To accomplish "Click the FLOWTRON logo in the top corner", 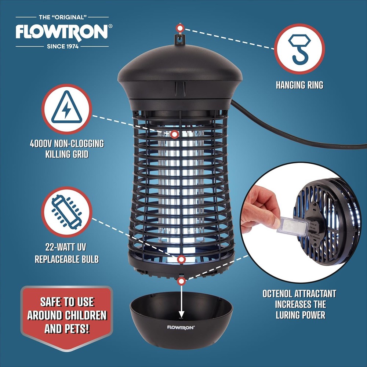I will click(x=61, y=32).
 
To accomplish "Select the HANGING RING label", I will click(x=299, y=85).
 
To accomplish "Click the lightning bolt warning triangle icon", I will click(x=66, y=109).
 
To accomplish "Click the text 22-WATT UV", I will click(x=66, y=248).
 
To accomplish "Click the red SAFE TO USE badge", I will click(x=66, y=314).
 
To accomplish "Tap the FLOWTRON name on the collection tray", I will click(x=181, y=327).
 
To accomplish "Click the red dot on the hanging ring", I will click(x=179, y=28).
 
